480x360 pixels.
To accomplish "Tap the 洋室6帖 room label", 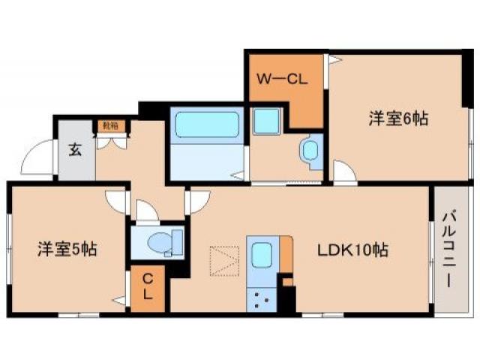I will [x=398, y=118].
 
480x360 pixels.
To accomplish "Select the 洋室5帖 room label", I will [x=67, y=248].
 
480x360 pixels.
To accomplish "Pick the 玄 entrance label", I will [x=75, y=149].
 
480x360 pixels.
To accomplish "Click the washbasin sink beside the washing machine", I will [x=309, y=149].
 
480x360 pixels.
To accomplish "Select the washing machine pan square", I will [x=265, y=121].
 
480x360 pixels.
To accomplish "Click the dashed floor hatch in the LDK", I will [x=224, y=260].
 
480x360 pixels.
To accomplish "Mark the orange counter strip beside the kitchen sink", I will [x=285, y=255].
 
